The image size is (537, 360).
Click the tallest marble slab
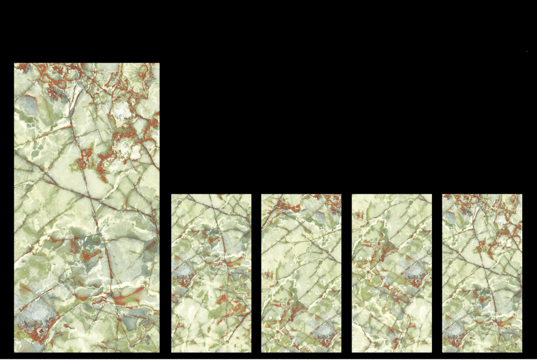click(x=87, y=207)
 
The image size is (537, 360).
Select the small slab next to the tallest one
click(x=211, y=273)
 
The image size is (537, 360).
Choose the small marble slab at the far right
click(x=482, y=273)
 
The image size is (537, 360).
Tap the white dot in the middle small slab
click(x=270, y=318)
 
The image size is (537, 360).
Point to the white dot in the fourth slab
click(x=361, y=258)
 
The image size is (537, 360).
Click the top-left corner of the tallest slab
click(x=15, y=64)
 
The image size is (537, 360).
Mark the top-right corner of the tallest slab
click(x=159, y=64)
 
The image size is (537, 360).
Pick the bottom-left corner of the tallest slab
click(x=15, y=352)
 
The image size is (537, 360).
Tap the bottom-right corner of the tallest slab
click(x=159, y=352)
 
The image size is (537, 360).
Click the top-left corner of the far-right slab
click(x=443, y=195)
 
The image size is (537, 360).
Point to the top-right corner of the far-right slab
click(x=521, y=195)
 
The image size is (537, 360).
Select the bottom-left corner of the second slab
click(x=172, y=352)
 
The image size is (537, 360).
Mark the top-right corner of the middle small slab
click(x=340, y=195)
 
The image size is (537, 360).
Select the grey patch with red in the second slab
click(x=183, y=274)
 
